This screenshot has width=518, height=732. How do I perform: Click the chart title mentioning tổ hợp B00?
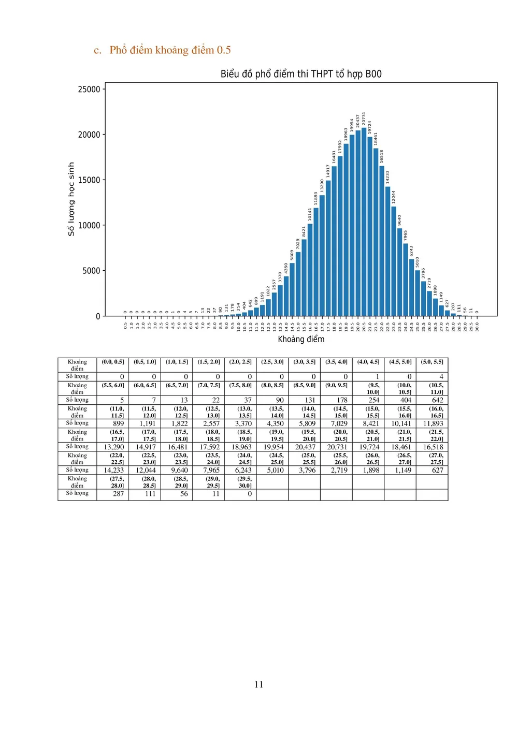pos(301,74)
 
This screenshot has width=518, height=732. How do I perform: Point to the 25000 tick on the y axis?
pos(89,89)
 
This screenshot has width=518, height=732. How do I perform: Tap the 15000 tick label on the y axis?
pos(89,180)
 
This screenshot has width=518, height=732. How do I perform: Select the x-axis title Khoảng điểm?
pos(301,339)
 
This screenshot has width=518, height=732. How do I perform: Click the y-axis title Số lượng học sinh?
pos(71,199)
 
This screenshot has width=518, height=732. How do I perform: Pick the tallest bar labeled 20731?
pos(364,223)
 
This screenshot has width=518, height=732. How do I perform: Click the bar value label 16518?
pos(382,156)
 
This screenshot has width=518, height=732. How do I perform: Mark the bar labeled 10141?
pos(310,269)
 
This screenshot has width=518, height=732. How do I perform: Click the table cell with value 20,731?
pos(337,447)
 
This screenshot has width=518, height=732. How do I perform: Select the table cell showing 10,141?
pos(401,423)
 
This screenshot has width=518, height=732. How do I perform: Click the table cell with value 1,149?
pos(401,470)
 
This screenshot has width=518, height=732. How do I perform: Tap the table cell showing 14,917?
pos(146,447)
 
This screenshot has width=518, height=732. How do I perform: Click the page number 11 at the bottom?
pos(259,684)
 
